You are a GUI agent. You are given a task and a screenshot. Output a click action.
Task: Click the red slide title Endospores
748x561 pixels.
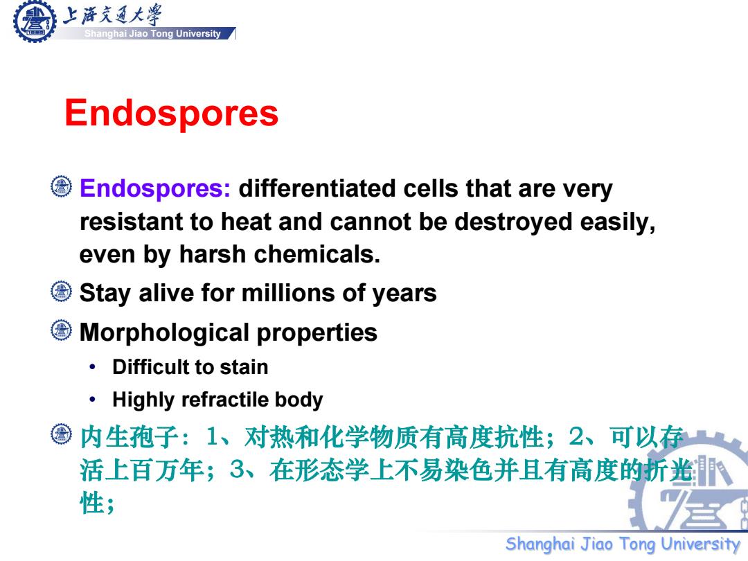pyautogui.click(x=171, y=114)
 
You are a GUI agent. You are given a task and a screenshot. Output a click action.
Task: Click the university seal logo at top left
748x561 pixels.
pyautogui.click(x=35, y=21)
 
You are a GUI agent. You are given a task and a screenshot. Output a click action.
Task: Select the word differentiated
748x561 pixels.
pyautogui.click(x=317, y=188)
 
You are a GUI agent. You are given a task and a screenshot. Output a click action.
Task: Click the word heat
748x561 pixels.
pyautogui.click(x=246, y=222)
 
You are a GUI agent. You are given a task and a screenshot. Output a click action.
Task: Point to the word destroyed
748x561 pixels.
pyautogui.click(x=513, y=222)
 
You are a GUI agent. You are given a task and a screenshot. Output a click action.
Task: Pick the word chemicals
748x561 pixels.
pyautogui.click(x=317, y=254)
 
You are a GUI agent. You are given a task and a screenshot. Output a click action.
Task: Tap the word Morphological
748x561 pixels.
pyautogui.click(x=165, y=333)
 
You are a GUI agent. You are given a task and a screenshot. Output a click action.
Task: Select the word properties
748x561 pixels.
pyautogui.click(x=317, y=333)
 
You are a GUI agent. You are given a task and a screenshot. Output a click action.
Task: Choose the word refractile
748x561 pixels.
pyautogui.click(x=225, y=400)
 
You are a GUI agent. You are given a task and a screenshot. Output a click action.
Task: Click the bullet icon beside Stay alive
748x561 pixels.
pyautogui.click(x=61, y=292)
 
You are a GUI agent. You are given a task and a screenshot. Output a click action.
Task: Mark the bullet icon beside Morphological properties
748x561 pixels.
pyautogui.click(x=61, y=330)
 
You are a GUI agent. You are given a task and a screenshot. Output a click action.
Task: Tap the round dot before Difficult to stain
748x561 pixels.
pyautogui.click(x=93, y=367)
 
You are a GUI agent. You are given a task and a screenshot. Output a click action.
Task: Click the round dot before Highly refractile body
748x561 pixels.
pyautogui.click(x=93, y=400)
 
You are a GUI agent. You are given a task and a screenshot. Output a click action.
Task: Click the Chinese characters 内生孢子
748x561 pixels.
pyautogui.click(x=130, y=437)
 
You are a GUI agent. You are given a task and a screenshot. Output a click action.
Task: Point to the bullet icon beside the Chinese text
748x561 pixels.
pyautogui.click(x=61, y=434)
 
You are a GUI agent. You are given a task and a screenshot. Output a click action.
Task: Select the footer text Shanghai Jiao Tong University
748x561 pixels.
pyautogui.click(x=623, y=544)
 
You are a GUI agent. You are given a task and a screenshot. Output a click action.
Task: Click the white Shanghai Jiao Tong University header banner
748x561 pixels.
pyautogui.click(x=152, y=33)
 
